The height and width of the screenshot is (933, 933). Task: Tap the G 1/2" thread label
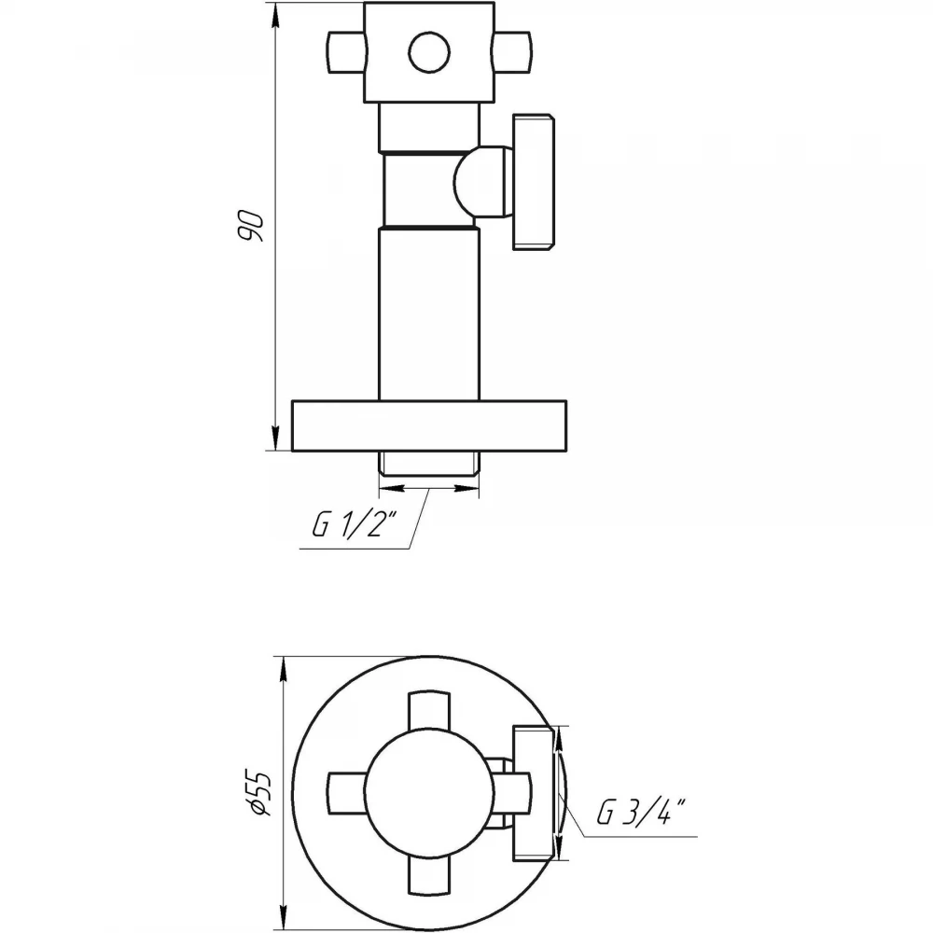click(354, 523)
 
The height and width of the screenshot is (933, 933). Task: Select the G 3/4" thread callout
click(641, 813)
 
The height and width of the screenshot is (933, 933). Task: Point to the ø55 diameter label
click(260, 793)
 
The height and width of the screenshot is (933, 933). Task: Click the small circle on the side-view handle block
click(428, 51)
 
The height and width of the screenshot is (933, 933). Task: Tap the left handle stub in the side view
click(346, 52)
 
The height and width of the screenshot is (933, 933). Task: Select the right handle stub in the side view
click(511, 52)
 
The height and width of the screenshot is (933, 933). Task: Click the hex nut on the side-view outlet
click(534, 182)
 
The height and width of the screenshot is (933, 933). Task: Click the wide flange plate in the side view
click(429, 425)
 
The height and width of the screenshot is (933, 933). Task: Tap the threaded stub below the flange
click(429, 464)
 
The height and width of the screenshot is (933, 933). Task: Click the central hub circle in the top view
click(429, 793)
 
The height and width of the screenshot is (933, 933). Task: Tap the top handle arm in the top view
click(429, 711)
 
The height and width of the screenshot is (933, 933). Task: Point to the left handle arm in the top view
click(347, 793)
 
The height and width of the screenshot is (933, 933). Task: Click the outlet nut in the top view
click(534, 793)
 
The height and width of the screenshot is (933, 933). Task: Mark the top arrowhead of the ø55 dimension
click(284, 670)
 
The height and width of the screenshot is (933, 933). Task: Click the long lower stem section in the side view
click(429, 314)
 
